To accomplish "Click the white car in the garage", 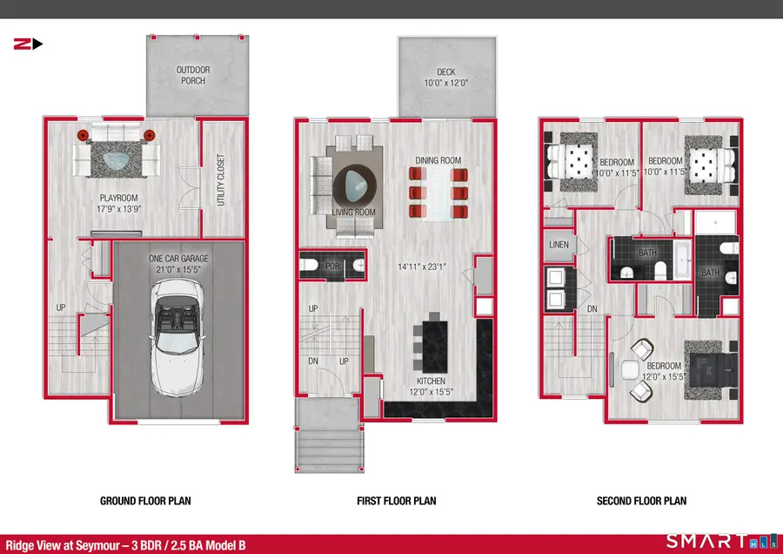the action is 177,337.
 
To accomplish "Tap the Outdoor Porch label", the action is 193,75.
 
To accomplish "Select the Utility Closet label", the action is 221,179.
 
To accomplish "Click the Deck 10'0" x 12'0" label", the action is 446,78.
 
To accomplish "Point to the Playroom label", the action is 118,198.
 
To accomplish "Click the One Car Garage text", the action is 178,259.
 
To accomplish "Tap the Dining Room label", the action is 438,160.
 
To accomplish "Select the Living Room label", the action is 353,212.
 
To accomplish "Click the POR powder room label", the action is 332,266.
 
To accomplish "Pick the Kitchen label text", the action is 431,381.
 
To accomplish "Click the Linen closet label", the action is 559,245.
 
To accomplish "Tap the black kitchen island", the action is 434,347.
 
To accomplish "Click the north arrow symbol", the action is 28,44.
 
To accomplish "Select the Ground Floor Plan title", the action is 145,501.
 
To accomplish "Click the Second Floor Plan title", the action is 641,501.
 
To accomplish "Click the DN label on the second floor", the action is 592,309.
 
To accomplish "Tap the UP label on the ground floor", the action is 60,307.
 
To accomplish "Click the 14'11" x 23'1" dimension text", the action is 422,267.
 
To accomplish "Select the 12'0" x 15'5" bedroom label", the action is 664,377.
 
